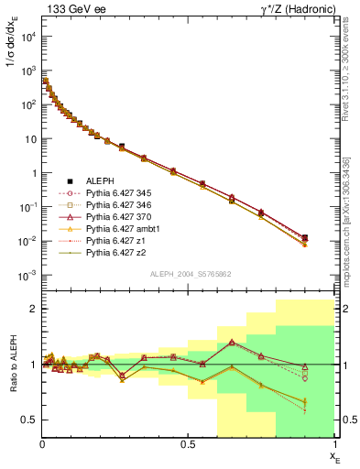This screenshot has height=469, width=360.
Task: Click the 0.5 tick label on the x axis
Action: point(189,443)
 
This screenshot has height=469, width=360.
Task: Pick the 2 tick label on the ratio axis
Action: point(33,309)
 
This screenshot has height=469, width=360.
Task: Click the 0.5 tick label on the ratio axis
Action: point(29,420)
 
